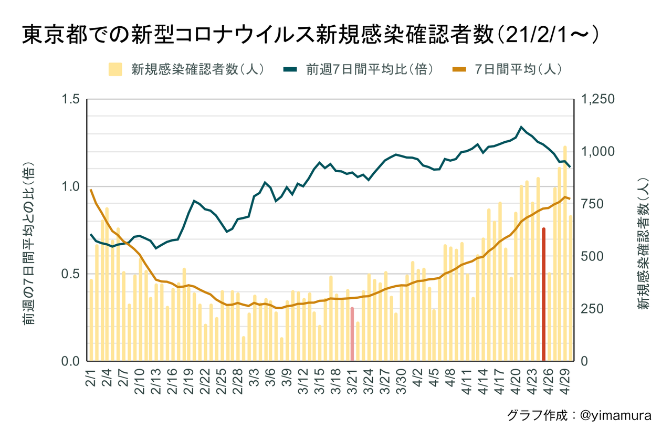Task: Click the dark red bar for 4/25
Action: pyautogui.click(x=543, y=294)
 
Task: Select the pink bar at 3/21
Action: pyautogui.click(x=352, y=334)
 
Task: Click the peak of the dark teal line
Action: pyautogui.click(x=521, y=127)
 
